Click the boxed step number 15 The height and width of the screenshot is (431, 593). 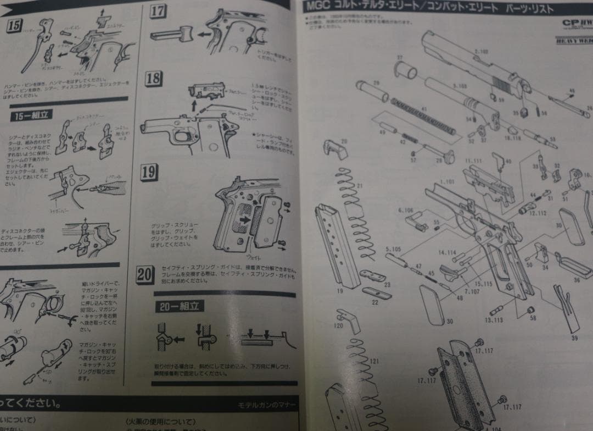pos(15,25)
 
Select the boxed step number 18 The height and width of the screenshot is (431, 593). pos(154,79)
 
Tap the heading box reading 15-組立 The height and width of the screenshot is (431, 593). pos(31,116)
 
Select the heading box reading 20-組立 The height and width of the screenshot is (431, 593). pos(178,306)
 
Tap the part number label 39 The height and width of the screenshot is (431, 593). pos(574,338)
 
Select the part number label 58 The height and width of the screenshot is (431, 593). pos(533,318)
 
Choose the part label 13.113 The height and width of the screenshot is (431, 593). pos(494,320)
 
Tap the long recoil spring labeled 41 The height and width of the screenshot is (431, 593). pos(423,118)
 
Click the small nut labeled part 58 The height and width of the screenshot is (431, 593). pos(531,311)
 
